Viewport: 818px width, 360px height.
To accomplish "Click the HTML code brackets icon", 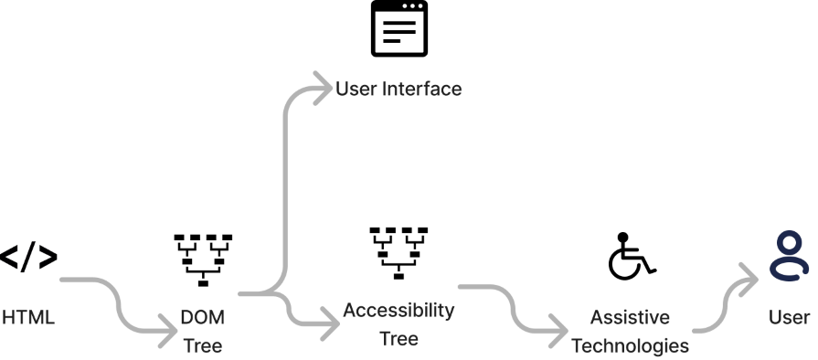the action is pyautogui.click(x=28, y=257).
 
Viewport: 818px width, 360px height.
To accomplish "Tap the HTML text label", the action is pyautogui.click(x=28, y=317).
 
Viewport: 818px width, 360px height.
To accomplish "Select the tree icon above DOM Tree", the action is pyautogui.click(x=203, y=260).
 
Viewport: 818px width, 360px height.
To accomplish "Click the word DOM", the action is pyautogui.click(x=202, y=317).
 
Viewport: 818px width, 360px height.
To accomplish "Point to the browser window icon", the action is pyautogui.click(x=399, y=28).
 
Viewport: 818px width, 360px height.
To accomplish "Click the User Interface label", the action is pyautogui.click(x=398, y=89).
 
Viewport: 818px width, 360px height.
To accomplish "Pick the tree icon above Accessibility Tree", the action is pyautogui.click(x=398, y=253).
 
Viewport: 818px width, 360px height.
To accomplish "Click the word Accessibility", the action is pyautogui.click(x=398, y=311).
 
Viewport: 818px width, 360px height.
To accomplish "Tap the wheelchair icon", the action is pyautogui.click(x=632, y=256).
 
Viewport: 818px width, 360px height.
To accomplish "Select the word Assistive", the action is pyautogui.click(x=630, y=317).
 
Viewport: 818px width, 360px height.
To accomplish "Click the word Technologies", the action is pyautogui.click(x=630, y=346).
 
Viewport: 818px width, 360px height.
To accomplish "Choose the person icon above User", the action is pyautogui.click(x=790, y=256).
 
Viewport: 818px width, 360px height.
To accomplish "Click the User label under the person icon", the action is pyautogui.click(x=790, y=317).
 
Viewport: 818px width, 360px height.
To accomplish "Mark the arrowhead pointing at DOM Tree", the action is pyautogui.click(x=169, y=330).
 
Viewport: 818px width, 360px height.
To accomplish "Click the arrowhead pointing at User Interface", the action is pyautogui.click(x=324, y=89).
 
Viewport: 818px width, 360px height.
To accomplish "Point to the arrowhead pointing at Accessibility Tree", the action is pyautogui.click(x=331, y=323).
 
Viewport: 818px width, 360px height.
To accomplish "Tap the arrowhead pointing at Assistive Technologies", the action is pyautogui.click(x=559, y=331).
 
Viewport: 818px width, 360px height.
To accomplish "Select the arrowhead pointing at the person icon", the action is pyautogui.click(x=749, y=280).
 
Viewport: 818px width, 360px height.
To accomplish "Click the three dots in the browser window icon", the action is pyautogui.click(x=412, y=6).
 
